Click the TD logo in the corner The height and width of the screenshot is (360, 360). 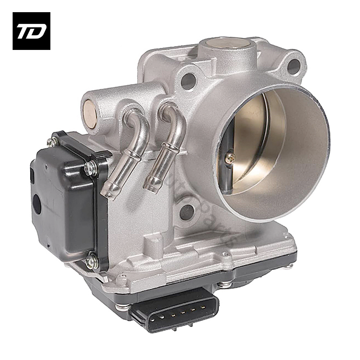tap(31, 31)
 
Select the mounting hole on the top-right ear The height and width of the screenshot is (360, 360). tap(293, 67)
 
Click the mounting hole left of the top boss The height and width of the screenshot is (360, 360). tap(188, 81)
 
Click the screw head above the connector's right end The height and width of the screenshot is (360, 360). tap(224, 284)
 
